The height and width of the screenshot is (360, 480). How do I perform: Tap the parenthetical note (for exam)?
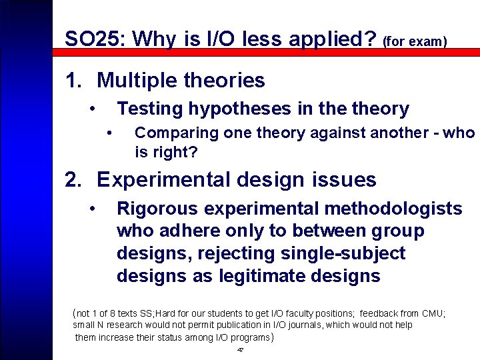tap(415, 42)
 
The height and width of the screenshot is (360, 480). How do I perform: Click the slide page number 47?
tap(240, 350)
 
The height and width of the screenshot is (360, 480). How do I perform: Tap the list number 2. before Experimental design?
tap(74, 180)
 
